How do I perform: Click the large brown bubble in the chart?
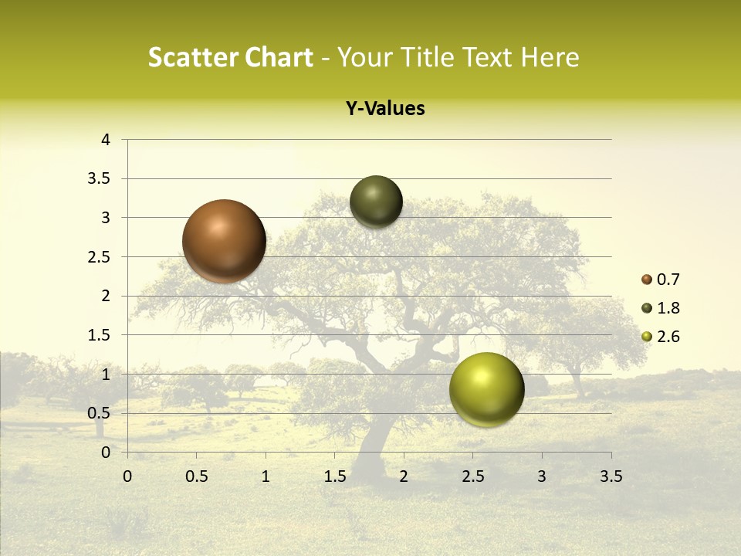point(224,241)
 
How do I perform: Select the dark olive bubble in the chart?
point(376,202)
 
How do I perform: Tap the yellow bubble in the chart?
point(486,389)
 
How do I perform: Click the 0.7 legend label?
point(668,280)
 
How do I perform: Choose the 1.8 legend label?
point(668,308)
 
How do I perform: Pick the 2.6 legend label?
point(668,337)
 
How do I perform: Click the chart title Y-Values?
point(385,109)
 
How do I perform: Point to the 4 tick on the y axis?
point(106,140)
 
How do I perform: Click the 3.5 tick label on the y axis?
point(100,178)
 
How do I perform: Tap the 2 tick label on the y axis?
point(106,296)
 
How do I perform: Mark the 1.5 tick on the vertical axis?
point(100,335)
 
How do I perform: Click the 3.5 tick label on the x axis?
point(611,476)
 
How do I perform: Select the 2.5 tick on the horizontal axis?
point(472,476)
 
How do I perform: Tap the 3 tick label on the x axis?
point(542,476)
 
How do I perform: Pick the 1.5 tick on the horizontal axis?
point(334,476)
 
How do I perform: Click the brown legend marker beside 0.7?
point(647,280)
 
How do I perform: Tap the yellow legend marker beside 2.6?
point(647,337)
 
